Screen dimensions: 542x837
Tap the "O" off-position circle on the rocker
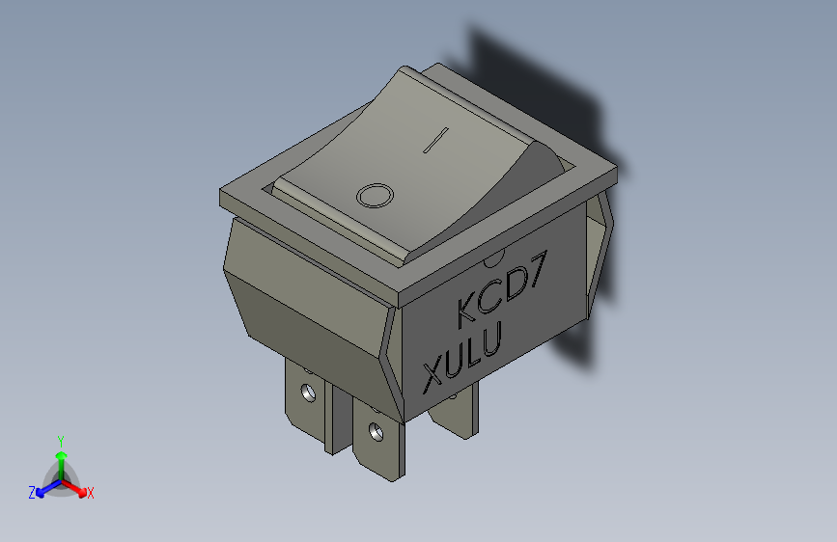coord(375,196)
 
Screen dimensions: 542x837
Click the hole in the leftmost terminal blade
coord(308,393)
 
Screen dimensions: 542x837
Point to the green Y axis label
coord(60,439)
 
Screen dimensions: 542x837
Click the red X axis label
coord(91,494)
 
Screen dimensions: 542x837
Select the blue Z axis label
coord(32,493)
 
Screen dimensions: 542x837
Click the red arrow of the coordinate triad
coord(77,487)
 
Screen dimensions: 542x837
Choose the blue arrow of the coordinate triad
coord(44,489)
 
